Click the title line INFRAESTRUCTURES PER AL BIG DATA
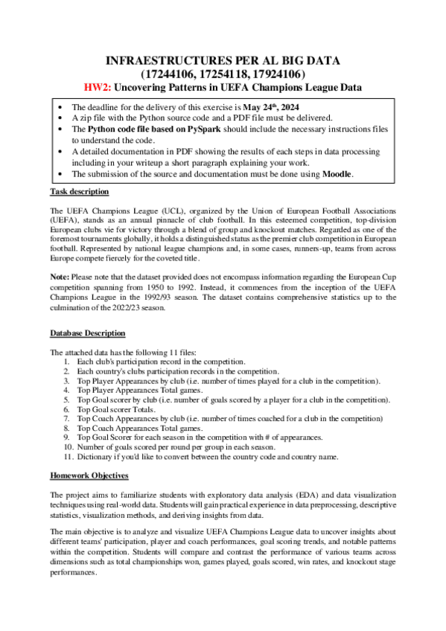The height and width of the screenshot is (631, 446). (x=223, y=60)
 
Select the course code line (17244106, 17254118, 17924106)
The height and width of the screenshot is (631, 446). (x=223, y=74)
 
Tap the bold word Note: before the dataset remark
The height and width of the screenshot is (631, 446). (x=59, y=276)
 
